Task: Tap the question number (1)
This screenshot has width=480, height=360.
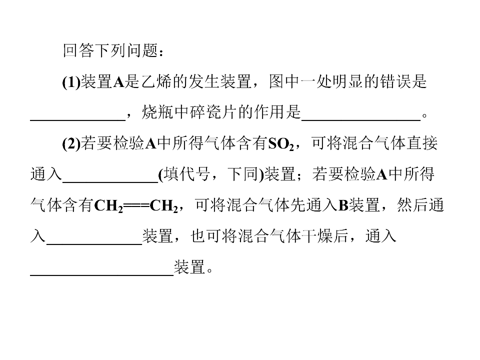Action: [71, 82]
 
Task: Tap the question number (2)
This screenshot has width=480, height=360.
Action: [71, 143]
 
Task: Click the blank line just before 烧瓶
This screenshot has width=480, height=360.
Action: [78, 120]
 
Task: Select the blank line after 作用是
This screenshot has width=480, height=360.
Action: [361, 120]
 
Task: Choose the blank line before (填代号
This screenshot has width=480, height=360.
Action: [110, 182]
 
